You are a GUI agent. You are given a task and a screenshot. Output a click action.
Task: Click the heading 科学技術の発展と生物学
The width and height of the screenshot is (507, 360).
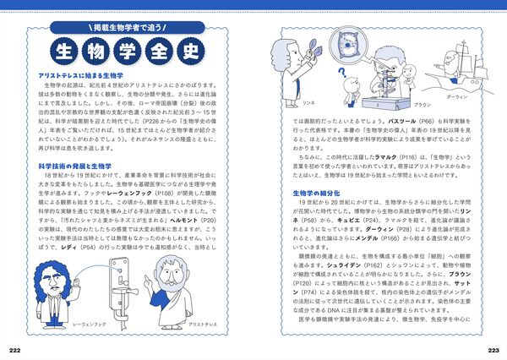[75, 166]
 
